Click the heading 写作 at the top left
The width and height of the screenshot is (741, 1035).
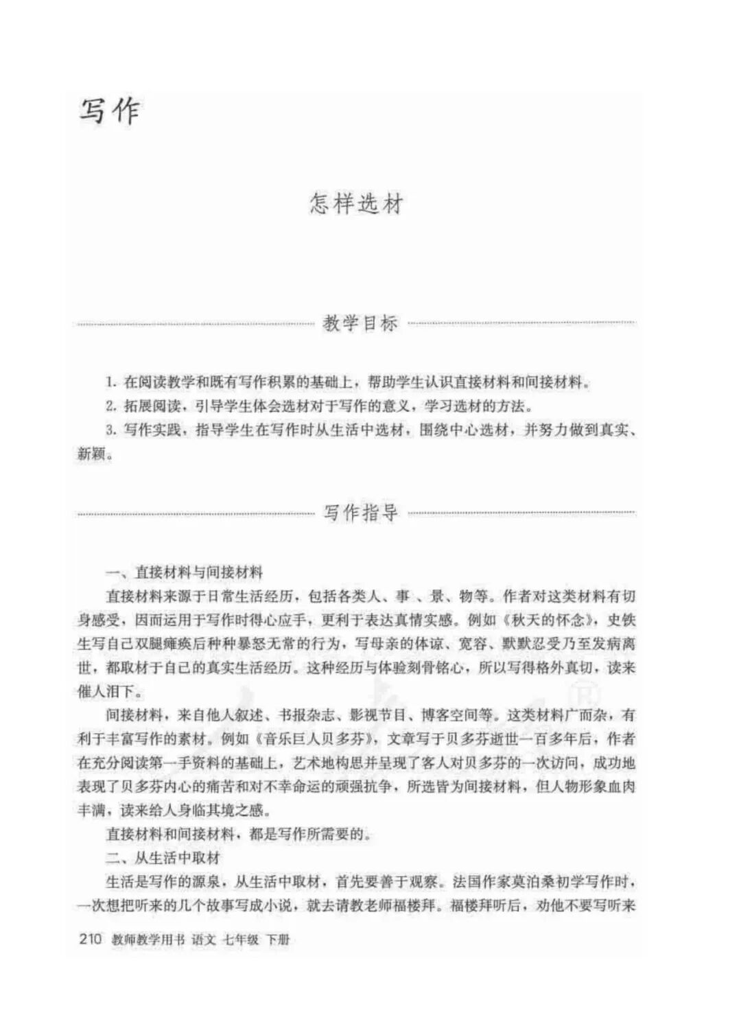click(110, 112)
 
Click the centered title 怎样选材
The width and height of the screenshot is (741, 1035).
click(355, 204)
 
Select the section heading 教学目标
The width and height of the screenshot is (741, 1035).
click(360, 323)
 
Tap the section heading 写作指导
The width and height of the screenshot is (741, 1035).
click(361, 513)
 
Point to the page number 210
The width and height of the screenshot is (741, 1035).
click(91, 939)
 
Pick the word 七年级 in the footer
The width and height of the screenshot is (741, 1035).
click(239, 940)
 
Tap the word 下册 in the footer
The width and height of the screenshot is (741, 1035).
click(278, 940)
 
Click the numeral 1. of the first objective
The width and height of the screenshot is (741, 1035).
click(111, 382)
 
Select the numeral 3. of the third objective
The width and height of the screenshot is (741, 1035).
click(111, 430)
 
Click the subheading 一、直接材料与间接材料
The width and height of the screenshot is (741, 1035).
click(184, 572)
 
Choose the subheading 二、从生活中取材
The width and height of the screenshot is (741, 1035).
click(163, 858)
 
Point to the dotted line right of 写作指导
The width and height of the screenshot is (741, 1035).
click(521, 513)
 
